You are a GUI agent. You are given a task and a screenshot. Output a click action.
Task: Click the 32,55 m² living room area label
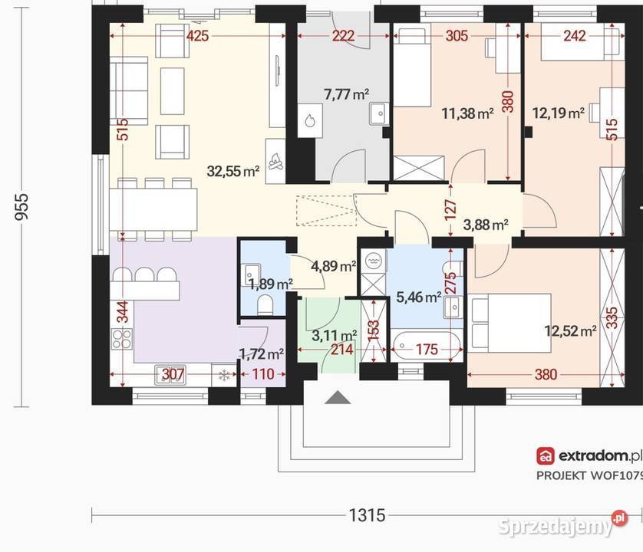tap(233, 171)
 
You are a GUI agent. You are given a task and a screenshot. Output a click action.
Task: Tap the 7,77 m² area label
tap(347, 94)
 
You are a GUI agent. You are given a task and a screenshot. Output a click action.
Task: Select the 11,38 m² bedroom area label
tap(467, 113)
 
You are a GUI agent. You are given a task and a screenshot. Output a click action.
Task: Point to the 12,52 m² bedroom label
tap(570, 330)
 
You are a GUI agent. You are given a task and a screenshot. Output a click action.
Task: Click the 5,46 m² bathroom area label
tap(419, 297)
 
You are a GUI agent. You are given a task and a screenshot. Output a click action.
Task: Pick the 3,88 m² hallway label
tap(486, 225)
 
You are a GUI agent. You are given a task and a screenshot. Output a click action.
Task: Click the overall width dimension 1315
tap(367, 515)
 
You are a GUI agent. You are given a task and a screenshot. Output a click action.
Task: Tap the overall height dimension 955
tap(21, 206)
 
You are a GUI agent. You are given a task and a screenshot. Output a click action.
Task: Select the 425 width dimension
tap(198, 36)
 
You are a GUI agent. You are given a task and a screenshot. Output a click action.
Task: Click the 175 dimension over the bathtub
tap(427, 350)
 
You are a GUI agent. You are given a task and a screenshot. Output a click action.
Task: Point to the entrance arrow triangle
tap(338, 397)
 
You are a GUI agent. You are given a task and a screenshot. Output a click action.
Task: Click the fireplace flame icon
tap(275, 162)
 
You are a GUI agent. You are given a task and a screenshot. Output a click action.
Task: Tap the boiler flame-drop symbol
tap(310, 120)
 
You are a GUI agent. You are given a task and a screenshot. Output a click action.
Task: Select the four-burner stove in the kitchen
tap(122, 339)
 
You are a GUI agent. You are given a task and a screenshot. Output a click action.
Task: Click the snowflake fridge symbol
tap(224, 376)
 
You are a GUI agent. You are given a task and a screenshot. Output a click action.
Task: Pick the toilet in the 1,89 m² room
tap(265, 305)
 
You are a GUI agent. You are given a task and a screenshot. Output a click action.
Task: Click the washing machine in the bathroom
tap(373, 261)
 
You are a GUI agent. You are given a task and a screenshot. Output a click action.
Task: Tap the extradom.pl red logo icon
tap(546, 455)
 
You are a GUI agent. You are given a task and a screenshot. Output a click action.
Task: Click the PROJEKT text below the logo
tap(561, 476)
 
